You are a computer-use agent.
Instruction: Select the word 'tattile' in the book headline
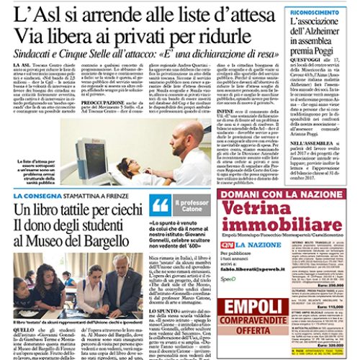point(93,211)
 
